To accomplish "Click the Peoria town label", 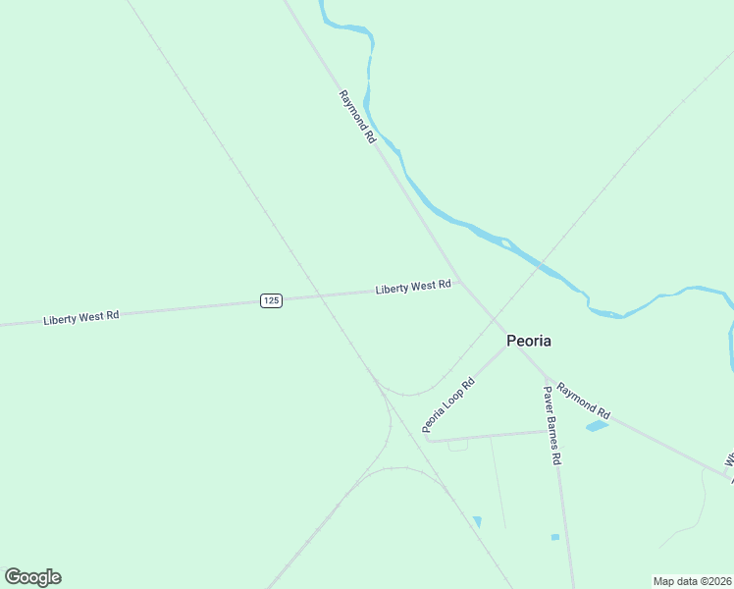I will (x=528, y=341).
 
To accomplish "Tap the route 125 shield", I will (x=272, y=299).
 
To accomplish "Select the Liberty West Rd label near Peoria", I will (x=413, y=287).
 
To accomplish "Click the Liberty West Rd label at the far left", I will (x=81, y=317).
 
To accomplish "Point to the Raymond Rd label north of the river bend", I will (x=357, y=117).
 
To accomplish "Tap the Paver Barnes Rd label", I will (x=552, y=426).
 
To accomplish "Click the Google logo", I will (x=32, y=577).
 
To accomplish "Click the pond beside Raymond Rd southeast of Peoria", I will (x=597, y=426).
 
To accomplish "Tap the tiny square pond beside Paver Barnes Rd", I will (x=555, y=537).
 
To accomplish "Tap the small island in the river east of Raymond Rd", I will (x=500, y=241).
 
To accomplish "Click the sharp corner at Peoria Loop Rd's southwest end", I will (x=427, y=439).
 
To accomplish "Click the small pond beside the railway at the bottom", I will (x=477, y=521).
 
